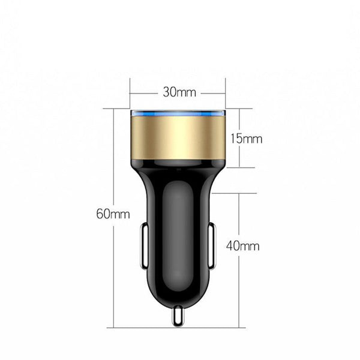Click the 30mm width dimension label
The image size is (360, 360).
(x=179, y=93)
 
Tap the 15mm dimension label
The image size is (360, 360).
(x=247, y=139)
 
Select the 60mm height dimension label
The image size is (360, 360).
(x=113, y=214)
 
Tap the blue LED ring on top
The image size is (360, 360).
(x=178, y=113)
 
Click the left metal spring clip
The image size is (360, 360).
(x=143, y=246)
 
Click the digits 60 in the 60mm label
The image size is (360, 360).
(x=105, y=214)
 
